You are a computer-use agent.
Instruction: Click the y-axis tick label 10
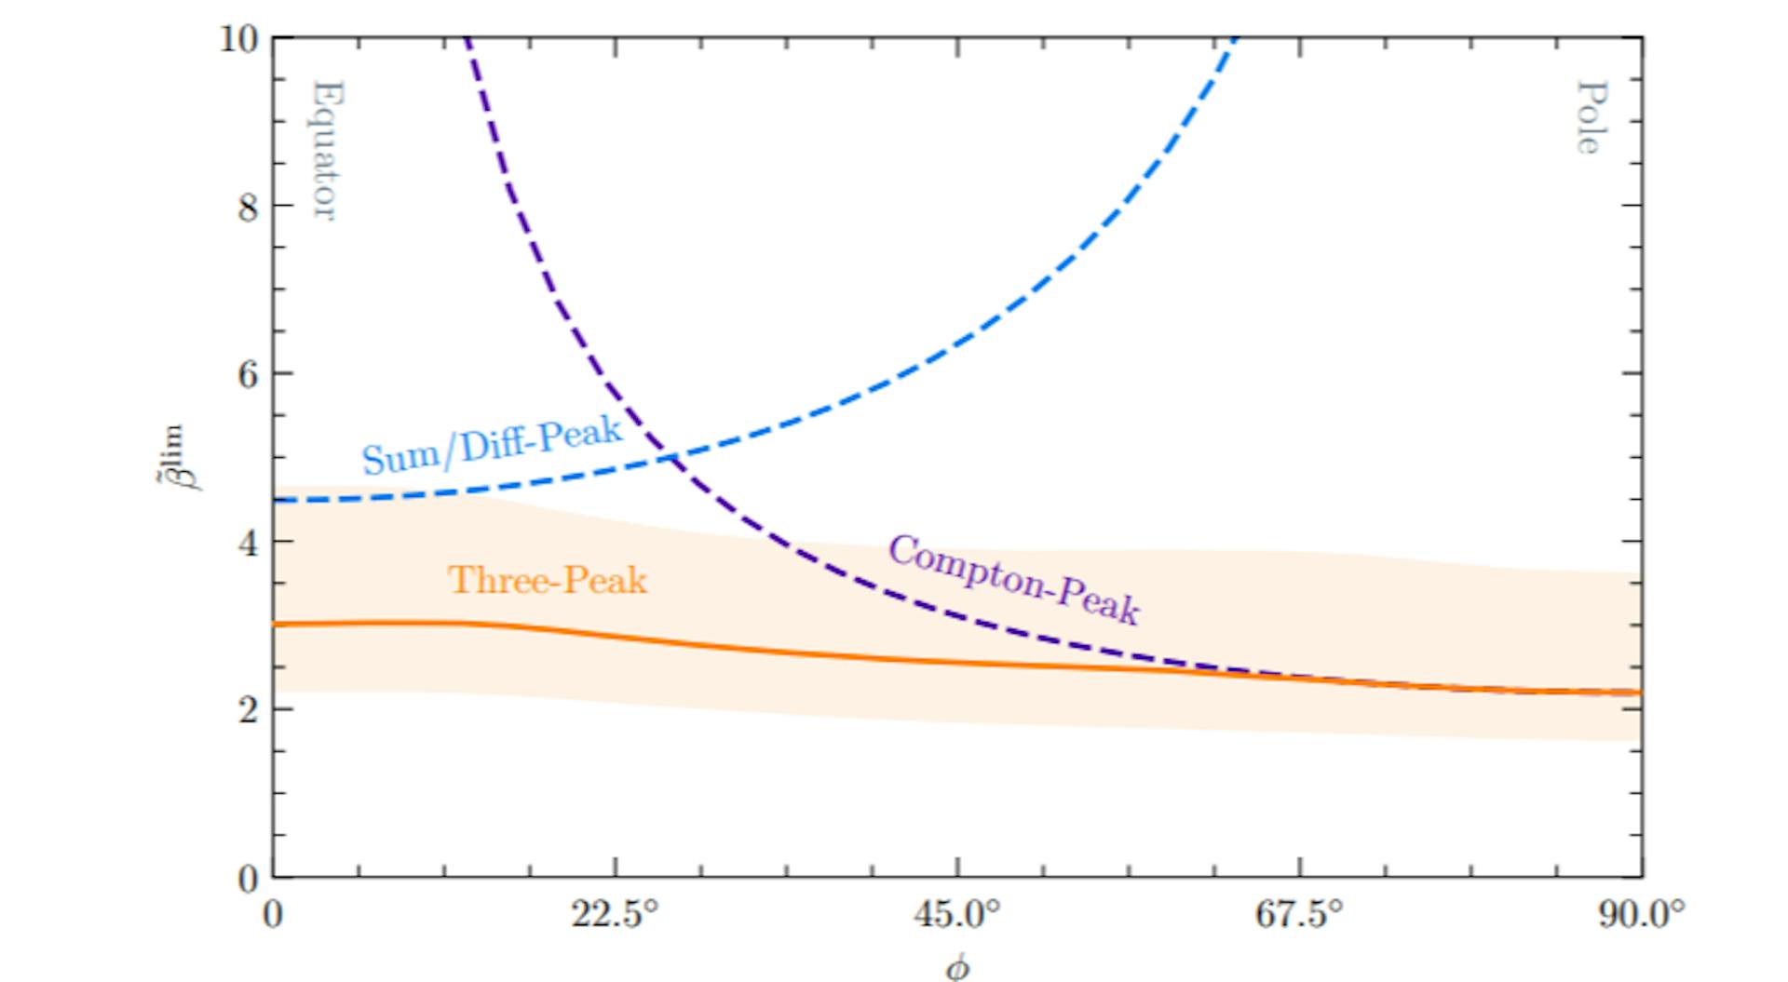(237, 39)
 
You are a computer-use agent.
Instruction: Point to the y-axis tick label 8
(247, 207)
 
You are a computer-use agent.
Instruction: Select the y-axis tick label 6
(247, 374)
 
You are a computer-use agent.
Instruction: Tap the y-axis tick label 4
(247, 543)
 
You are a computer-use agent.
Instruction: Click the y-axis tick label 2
(247, 710)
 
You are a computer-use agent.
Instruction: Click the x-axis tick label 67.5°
(1299, 915)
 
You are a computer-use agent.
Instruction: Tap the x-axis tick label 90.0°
(1641, 915)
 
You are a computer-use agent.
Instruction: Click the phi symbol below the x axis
(957, 968)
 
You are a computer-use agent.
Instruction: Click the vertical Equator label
(324, 151)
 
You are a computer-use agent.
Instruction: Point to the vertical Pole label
(1591, 117)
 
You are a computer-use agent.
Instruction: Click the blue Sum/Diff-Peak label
(492, 445)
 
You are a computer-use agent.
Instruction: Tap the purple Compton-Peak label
(1013, 580)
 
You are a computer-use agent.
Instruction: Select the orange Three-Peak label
(548, 581)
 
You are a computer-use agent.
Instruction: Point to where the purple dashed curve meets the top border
(467, 39)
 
